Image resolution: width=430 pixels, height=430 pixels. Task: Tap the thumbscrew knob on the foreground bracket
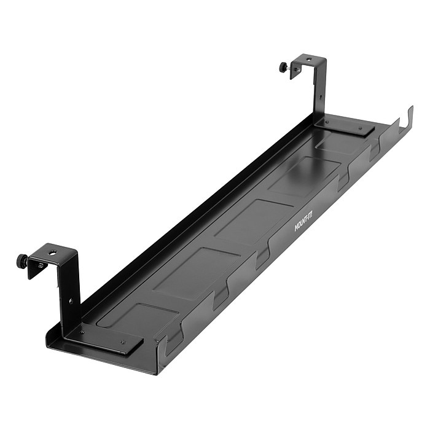tap(22, 260)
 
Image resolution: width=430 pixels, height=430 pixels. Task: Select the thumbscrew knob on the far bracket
tap(284, 67)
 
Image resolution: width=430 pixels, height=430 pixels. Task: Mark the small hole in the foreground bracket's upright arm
tap(71, 301)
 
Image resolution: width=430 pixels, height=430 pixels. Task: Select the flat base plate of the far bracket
tap(347, 128)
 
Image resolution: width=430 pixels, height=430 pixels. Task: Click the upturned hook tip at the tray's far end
tap(410, 114)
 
